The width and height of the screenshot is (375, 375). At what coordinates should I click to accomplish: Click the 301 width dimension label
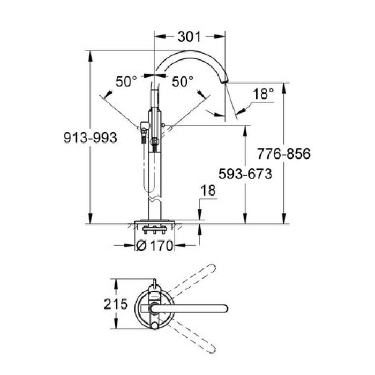pyautogui.click(x=189, y=36)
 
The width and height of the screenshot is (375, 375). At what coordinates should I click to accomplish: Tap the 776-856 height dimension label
pyautogui.click(x=284, y=154)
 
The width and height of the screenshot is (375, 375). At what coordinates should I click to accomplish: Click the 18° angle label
pyautogui.click(x=263, y=94)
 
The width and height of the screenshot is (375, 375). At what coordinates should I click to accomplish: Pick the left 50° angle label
pyautogui.click(x=127, y=81)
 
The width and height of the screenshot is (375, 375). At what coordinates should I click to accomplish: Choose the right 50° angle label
pyautogui.click(x=182, y=81)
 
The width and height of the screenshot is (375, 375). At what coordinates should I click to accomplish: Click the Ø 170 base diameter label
pyautogui.click(x=156, y=246)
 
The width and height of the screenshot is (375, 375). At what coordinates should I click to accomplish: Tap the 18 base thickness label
pyautogui.click(x=208, y=190)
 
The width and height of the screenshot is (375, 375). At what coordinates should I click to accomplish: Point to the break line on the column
pyautogui.click(x=155, y=201)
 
